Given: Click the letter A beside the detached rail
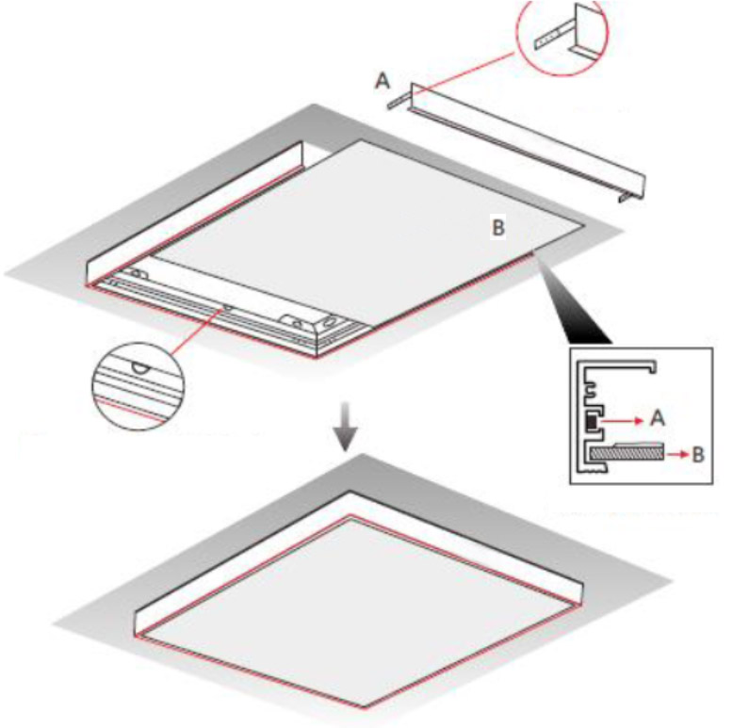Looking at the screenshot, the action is (383, 81).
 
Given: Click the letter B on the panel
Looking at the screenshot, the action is (498, 228).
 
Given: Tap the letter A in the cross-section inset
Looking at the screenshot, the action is (658, 419).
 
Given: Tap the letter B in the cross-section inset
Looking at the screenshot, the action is (698, 455).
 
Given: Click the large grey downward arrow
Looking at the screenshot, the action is (345, 426).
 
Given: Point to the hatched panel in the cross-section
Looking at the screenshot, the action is (627, 452).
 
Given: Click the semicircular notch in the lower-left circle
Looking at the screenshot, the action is (140, 368).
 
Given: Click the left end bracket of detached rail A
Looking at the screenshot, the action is (399, 101).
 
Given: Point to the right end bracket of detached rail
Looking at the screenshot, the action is (627, 196).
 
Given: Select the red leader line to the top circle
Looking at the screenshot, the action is (465, 73).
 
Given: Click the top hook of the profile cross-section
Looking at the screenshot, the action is (652, 367).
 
